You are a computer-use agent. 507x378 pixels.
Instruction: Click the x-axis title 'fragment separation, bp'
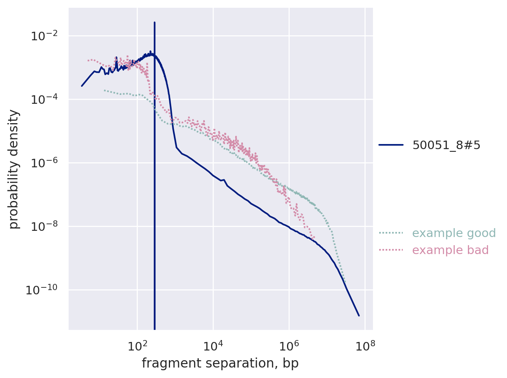tap(220, 363)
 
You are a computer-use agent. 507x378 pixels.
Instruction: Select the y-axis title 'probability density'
tap(14, 169)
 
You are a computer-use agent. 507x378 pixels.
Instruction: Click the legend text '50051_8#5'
tap(446, 145)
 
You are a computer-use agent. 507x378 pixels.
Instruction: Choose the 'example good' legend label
tap(454, 233)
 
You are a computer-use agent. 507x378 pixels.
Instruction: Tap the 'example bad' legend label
tap(450, 250)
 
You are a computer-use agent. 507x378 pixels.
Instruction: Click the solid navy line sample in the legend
tap(391, 145)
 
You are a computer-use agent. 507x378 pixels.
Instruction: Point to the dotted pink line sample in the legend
tap(391, 250)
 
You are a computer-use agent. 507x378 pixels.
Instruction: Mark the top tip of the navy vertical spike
tap(155, 22)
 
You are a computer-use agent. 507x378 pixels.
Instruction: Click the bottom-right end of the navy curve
tap(359, 316)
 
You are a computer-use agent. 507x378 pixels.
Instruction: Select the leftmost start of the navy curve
tap(82, 86)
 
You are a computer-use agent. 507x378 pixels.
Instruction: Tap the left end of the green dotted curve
tap(104, 90)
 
